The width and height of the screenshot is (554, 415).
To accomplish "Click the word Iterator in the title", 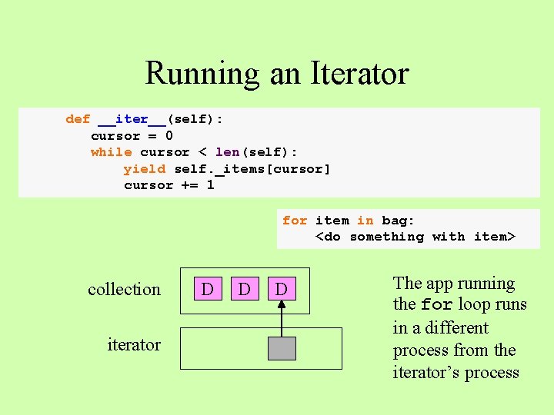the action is click(359, 74).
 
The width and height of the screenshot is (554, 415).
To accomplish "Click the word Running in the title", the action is click(202, 74).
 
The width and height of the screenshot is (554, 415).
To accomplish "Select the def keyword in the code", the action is click(78, 119).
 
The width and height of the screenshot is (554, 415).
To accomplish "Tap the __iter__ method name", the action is click(132, 119).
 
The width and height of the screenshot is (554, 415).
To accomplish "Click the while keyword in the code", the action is click(111, 152).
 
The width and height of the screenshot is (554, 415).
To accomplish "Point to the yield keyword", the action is click(144, 169).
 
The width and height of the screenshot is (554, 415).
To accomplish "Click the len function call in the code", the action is click(227, 152).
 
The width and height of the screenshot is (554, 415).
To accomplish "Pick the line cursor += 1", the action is click(169, 185).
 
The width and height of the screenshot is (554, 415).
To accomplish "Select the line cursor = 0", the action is click(132, 136).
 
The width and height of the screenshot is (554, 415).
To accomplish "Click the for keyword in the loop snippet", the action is click(294, 221).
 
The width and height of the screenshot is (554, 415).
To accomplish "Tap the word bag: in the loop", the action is click(399, 221).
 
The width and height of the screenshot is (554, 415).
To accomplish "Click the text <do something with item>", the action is click(415, 237).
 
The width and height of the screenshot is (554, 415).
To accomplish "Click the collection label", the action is click(124, 290).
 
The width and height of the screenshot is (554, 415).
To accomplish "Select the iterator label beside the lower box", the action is click(134, 345).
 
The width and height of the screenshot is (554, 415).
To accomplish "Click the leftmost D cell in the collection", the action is click(207, 289).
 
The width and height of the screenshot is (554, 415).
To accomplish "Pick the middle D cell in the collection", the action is click(244, 289).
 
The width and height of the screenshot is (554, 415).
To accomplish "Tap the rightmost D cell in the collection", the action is click(282, 289).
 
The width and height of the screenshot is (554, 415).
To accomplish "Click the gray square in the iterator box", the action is click(282, 349).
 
